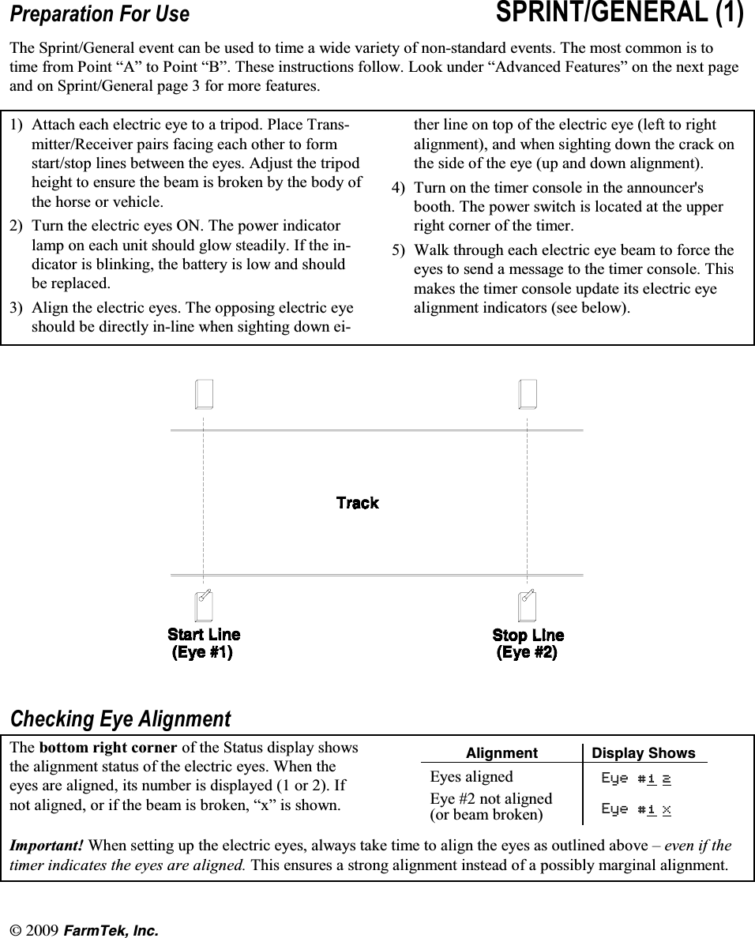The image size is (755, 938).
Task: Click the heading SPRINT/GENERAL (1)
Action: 619,14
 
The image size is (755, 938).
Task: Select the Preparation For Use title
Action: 100,15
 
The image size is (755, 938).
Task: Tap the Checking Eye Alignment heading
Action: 120,719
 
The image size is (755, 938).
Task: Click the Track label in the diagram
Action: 357,503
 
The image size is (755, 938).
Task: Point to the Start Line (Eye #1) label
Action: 204,643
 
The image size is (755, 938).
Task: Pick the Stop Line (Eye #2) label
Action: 528,644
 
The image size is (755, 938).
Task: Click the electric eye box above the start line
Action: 205,394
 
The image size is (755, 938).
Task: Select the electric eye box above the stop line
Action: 528,394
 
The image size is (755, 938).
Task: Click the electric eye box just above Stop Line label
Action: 527,606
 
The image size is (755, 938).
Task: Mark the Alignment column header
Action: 501,753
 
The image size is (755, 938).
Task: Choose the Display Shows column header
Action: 644,753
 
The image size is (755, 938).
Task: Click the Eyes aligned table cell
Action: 471,776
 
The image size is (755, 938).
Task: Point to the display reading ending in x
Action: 636,809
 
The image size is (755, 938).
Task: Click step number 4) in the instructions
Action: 400,188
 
